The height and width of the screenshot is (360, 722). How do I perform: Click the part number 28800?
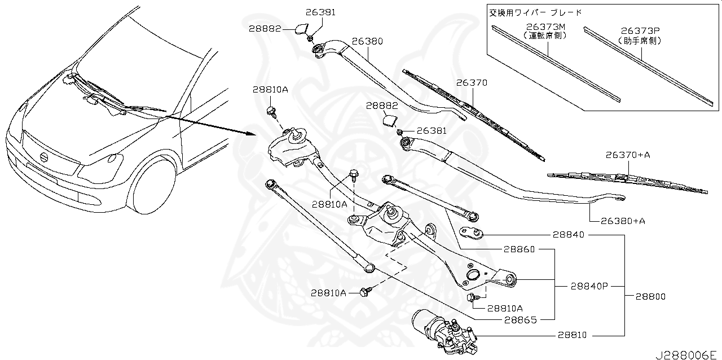[650, 296]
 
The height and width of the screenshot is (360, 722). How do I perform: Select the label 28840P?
[588, 286]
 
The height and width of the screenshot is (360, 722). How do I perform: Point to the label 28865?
[520, 320]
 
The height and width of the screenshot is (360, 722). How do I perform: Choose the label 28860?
[520, 249]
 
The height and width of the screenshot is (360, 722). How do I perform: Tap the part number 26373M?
[545, 27]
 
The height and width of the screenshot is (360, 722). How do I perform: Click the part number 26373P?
[640, 31]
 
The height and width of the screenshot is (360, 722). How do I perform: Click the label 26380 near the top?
[367, 42]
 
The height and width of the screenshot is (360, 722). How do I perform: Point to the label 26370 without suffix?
[472, 83]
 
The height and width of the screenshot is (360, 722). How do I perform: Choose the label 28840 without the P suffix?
[569, 235]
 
